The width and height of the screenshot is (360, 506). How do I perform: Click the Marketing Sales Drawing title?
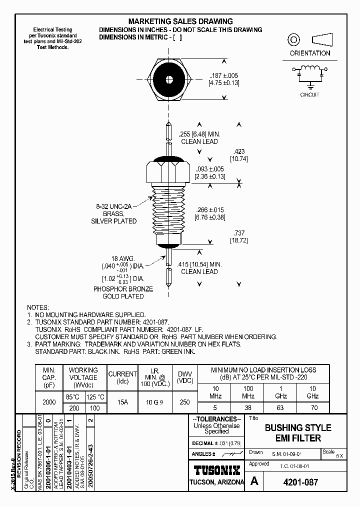(x=180, y=21)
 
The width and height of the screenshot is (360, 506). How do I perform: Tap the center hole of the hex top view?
(x=170, y=79)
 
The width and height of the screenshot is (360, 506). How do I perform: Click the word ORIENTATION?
(x=310, y=53)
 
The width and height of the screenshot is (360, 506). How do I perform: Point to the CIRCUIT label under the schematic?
(x=309, y=94)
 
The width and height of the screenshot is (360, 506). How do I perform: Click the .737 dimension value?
(x=238, y=233)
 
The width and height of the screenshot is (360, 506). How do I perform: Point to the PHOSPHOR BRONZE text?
(x=123, y=289)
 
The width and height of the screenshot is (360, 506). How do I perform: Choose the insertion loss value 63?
(x=280, y=408)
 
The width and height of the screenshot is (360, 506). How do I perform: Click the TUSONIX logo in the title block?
(x=216, y=470)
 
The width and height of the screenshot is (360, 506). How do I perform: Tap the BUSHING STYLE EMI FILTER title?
(x=297, y=433)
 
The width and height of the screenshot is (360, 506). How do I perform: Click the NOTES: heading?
(x=38, y=307)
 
